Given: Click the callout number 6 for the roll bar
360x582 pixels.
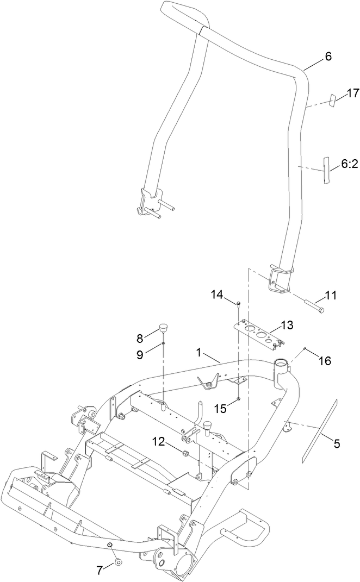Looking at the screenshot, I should click(x=327, y=57).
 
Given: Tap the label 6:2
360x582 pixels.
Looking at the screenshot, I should click(x=349, y=164).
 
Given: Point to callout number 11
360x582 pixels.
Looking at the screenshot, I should click(x=331, y=296).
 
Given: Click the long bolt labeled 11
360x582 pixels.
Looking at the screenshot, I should click(x=313, y=304).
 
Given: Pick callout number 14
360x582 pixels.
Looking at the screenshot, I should click(x=217, y=295).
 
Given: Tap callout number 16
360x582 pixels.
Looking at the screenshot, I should click(x=325, y=360).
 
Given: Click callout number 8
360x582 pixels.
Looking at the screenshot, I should click(x=140, y=338).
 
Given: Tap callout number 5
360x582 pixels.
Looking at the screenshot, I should click(x=336, y=444).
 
